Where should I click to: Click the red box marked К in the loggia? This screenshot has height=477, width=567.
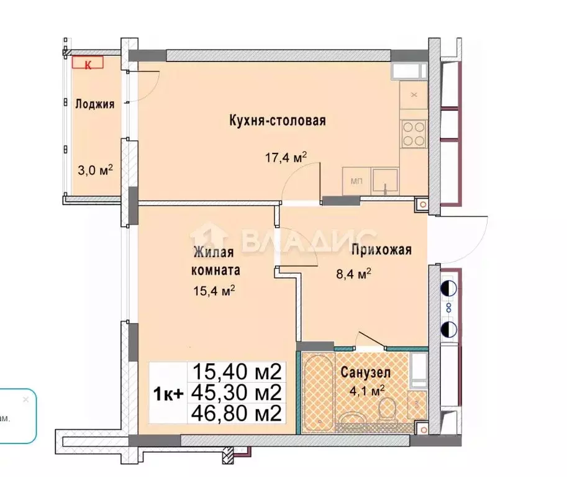88,63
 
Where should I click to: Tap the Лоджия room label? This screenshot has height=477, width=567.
95,104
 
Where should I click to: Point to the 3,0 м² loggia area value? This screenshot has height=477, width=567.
94,170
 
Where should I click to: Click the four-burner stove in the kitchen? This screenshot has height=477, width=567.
413,131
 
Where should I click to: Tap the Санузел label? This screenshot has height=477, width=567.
365,373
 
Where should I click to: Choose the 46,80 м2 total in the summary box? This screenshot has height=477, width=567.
237,412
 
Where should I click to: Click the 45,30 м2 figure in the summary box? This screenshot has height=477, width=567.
237,392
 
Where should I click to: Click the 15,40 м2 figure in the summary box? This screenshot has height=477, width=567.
237,372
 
